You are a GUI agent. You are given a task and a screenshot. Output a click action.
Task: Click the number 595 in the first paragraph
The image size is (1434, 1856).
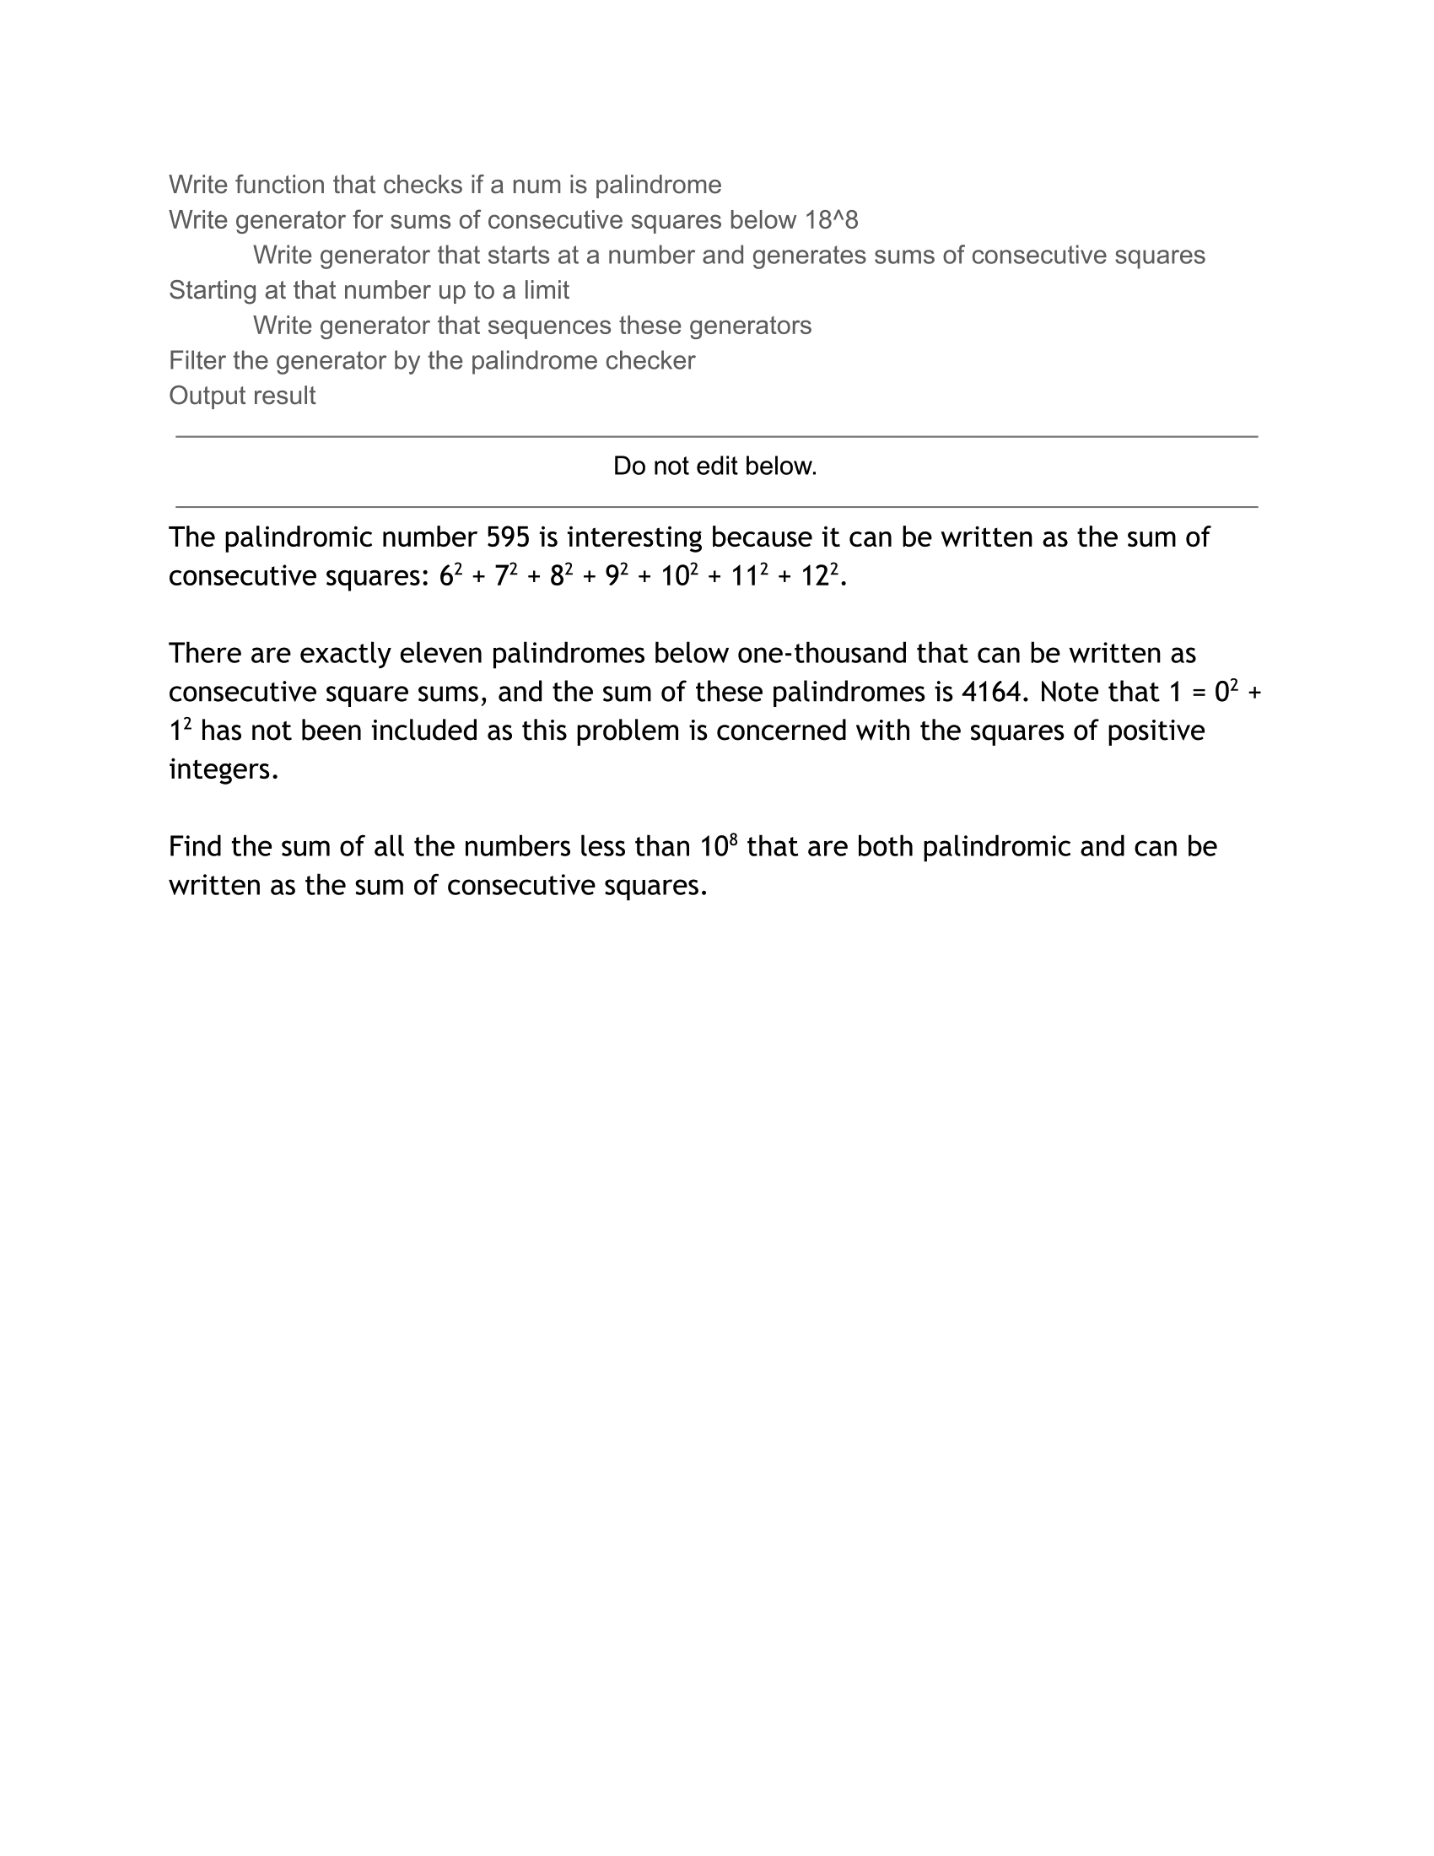coord(507,537)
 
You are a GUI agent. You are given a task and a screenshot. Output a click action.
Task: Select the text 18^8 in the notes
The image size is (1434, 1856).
coord(831,220)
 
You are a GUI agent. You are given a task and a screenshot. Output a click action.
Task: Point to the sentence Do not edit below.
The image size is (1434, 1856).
coord(714,466)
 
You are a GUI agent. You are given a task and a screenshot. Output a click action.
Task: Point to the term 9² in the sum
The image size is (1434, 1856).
coord(617,575)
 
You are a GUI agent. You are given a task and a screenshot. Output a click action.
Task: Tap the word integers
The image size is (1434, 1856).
coord(223,769)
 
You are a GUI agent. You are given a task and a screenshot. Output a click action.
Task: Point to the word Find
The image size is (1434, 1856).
coord(195,846)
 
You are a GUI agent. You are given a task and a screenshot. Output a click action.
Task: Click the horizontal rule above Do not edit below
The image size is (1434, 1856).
coord(716,437)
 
